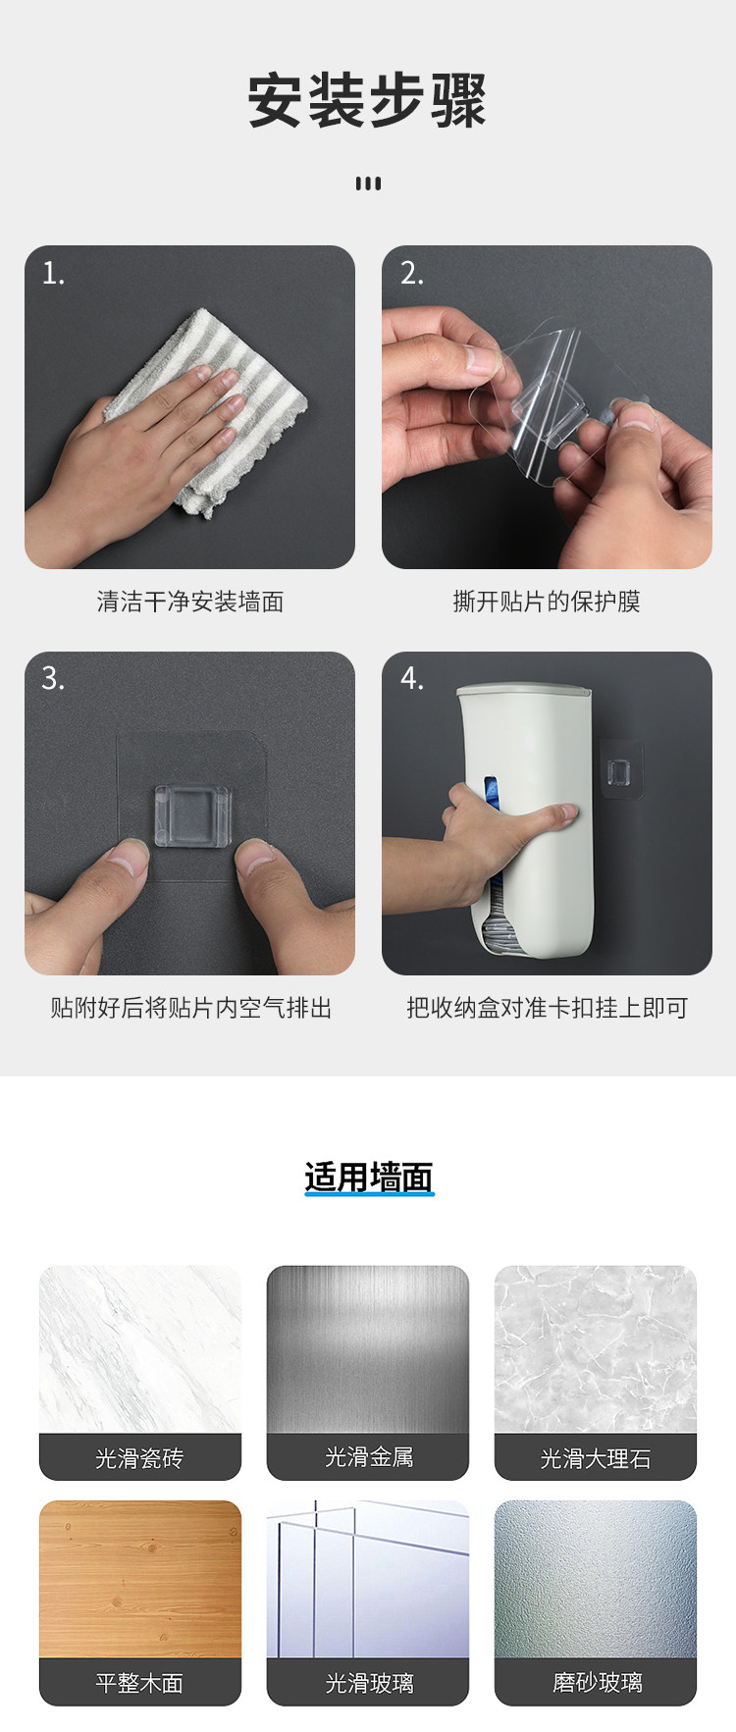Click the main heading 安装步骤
click(367, 100)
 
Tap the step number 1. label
click(53, 273)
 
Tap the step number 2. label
click(412, 273)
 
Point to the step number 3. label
click(53, 678)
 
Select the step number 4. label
click(412, 678)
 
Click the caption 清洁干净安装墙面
click(190, 602)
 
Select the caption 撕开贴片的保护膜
click(547, 602)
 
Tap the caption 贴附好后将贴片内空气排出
click(191, 1008)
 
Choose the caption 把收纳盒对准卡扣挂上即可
click(548, 1008)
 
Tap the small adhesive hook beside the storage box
click(620, 770)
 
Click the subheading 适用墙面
click(368, 1177)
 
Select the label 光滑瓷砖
click(139, 1458)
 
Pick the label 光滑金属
click(369, 1457)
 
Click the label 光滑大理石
click(596, 1458)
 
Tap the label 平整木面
click(139, 1683)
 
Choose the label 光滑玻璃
click(369, 1683)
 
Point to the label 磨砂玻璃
click(597, 1682)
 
